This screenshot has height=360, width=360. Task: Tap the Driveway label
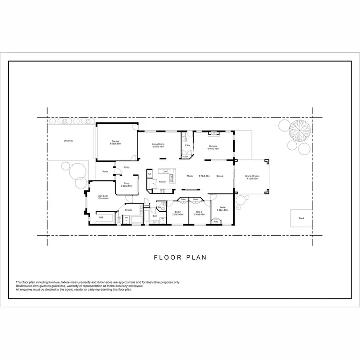click(68, 141)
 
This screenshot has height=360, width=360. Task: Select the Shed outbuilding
click(301, 218)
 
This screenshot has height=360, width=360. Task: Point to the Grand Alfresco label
click(252, 176)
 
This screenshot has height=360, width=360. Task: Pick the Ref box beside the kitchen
click(150, 174)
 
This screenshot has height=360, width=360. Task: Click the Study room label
click(126, 183)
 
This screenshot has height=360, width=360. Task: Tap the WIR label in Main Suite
click(101, 217)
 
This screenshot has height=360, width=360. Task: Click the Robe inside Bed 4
click(216, 222)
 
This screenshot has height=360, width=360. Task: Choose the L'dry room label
click(188, 145)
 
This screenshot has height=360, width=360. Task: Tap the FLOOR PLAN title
click(180, 257)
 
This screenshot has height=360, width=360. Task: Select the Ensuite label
click(129, 210)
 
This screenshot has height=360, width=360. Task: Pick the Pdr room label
click(159, 207)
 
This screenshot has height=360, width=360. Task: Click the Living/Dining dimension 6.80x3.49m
click(158, 147)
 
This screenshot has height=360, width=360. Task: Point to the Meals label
click(190, 176)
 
